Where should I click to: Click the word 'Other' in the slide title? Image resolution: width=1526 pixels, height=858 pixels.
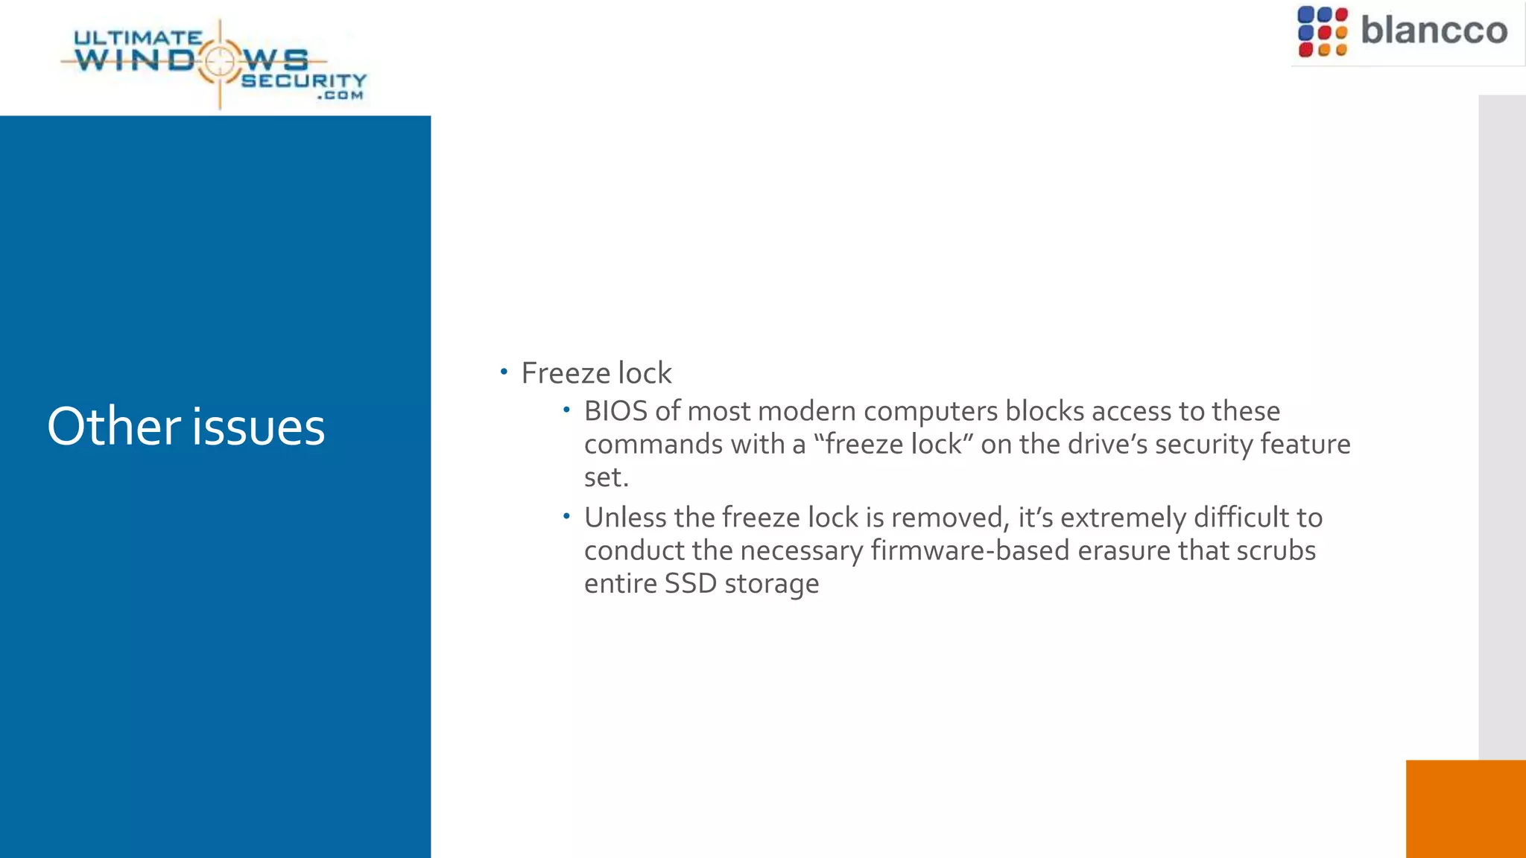pyautogui.click(x=113, y=427)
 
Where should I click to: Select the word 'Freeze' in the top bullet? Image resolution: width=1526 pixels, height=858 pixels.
pyautogui.click(x=565, y=373)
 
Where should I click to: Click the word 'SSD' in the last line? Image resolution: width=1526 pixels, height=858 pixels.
pyautogui.click(x=690, y=583)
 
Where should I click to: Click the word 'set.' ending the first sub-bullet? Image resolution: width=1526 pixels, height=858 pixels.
pyautogui.click(x=606, y=477)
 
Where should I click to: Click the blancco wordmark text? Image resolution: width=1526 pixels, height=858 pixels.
pyautogui.click(x=1434, y=31)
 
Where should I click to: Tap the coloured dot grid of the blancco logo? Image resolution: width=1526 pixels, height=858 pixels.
pyautogui.click(x=1322, y=32)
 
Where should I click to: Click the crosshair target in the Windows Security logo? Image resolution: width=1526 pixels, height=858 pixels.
pyautogui.click(x=220, y=61)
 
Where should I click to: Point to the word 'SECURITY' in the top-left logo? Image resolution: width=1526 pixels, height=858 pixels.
pyautogui.click(x=303, y=80)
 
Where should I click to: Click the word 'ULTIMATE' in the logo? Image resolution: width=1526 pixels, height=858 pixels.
pyautogui.click(x=138, y=37)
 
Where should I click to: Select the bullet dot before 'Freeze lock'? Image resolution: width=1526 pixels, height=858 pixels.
pyautogui.click(x=504, y=371)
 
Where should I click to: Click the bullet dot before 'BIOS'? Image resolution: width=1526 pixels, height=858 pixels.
pyautogui.click(x=566, y=409)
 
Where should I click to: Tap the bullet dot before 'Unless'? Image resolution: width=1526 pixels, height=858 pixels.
pyautogui.click(x=566, y=515)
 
